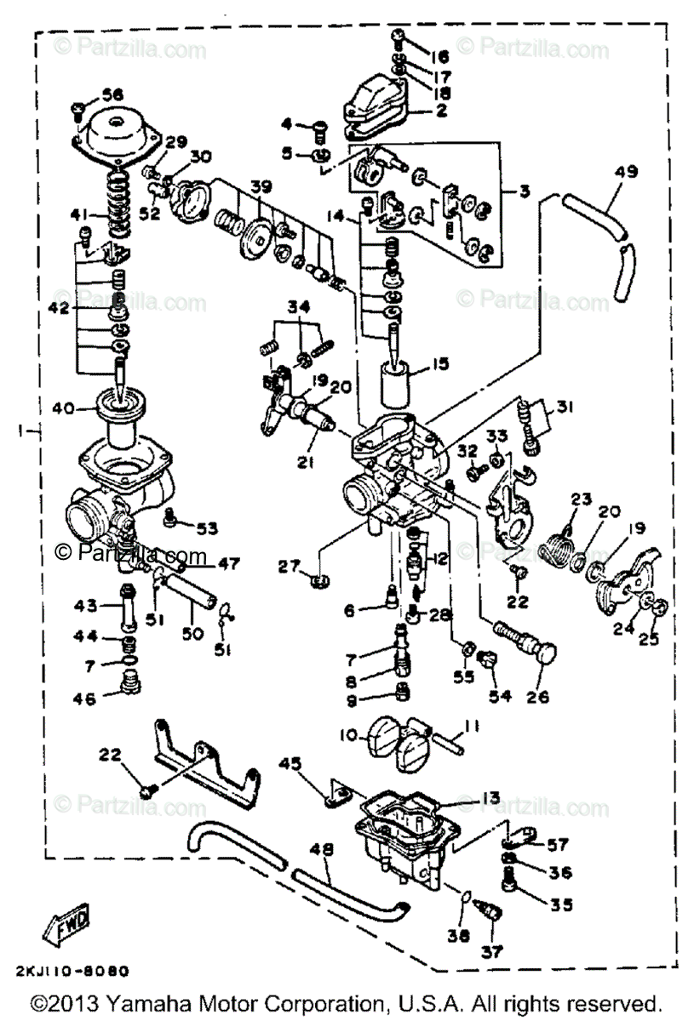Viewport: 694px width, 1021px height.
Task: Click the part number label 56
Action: click(x=113, y=94)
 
